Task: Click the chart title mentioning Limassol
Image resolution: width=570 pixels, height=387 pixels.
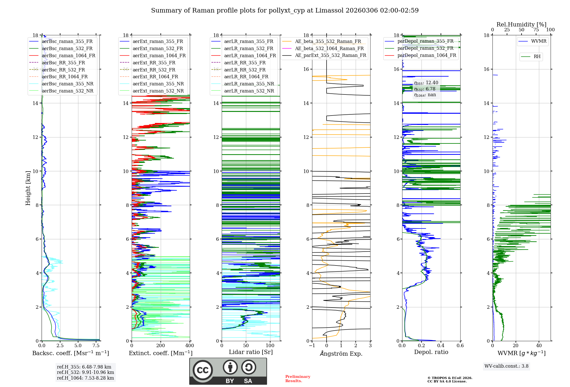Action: (285, 11)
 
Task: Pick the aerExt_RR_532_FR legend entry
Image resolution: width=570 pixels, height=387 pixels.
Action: (154, 70)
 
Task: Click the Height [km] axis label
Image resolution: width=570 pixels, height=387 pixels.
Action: (28, 188)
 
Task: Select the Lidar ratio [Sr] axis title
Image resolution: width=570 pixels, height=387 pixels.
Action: (251, 352)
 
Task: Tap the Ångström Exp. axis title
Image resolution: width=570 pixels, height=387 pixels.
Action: (341, 353)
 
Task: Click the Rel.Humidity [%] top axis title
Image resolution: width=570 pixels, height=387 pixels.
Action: (521, 24)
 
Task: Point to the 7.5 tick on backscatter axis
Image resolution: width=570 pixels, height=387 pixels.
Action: (96, 345)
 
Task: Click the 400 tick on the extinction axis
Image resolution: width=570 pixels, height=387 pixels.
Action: (190, 345)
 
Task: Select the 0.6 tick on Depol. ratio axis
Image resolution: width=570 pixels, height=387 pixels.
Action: (460, 345)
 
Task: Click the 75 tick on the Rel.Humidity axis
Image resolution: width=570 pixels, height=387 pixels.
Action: (536, 30)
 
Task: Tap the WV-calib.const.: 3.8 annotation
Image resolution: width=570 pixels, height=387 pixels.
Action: (506, 366)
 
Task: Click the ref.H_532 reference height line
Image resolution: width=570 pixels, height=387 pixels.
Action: (85, 372)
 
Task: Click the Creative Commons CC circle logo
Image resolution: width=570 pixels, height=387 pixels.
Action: (203, 370)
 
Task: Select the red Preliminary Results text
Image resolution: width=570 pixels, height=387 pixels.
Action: (298, 378)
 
